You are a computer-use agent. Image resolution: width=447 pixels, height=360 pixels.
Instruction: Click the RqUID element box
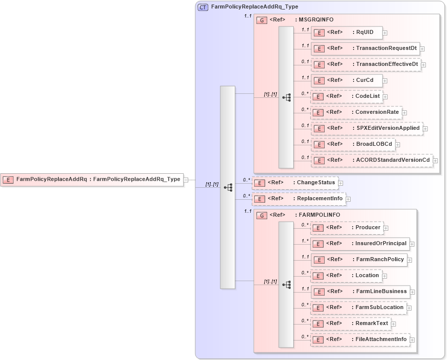coord(347,32)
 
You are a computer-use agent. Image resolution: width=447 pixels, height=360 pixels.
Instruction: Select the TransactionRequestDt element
coord(365,48)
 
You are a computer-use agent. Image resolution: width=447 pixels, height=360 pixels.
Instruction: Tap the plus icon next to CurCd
coord(385,80)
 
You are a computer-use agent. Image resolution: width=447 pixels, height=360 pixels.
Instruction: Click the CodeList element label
coord(367,96)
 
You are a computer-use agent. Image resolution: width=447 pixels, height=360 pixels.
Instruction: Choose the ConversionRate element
coord(357,112)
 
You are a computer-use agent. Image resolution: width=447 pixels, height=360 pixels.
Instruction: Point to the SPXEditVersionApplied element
coord(367,128)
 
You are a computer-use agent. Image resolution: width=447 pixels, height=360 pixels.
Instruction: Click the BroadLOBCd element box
coord(353,144)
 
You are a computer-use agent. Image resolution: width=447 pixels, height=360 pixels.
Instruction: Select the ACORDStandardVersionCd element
coord(372,160)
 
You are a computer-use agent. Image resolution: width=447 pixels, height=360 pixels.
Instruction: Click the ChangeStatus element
coord(295,183)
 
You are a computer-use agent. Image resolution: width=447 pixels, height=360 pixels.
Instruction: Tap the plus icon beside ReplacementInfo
coord(348,199)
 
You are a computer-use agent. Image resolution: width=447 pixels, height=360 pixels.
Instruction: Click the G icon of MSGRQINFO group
coord(262,20)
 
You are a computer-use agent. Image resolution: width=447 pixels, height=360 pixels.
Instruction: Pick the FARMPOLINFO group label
coord(319,215)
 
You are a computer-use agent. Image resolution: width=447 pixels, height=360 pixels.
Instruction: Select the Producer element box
coord(347,228)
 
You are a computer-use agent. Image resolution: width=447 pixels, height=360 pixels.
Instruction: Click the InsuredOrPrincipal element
coord(360,244)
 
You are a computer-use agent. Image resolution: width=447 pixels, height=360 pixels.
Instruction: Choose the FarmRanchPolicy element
coord(359,260)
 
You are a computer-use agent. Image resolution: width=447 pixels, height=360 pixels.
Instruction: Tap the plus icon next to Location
coord(384,276)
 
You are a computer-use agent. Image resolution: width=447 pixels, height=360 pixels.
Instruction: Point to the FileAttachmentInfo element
coord(360,340)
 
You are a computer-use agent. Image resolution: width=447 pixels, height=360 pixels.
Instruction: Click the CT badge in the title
coord(203,7)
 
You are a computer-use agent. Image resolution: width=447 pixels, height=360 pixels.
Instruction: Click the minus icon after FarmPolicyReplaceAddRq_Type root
coord(186,180)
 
